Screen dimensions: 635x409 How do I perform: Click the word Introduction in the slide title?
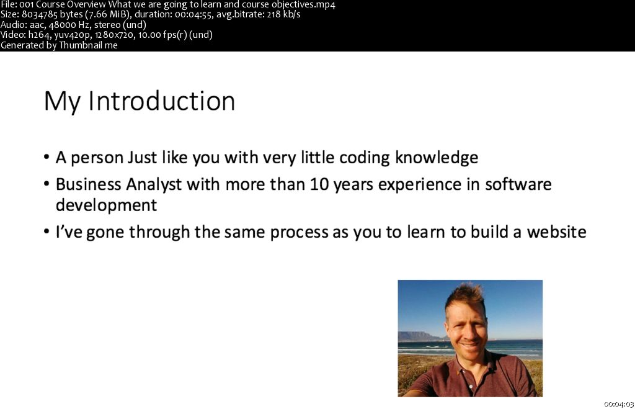161,101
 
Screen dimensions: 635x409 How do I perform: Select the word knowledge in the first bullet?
437,157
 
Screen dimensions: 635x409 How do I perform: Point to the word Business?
88,184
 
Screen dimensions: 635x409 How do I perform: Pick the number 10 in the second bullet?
319,184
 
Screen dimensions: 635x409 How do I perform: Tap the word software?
518,184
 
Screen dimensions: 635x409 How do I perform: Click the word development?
106,205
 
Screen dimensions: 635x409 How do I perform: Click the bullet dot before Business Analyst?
47,184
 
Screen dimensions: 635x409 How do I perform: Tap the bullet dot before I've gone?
47,232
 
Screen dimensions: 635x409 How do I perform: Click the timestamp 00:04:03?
618,404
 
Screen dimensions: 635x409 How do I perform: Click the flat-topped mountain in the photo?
415,336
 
